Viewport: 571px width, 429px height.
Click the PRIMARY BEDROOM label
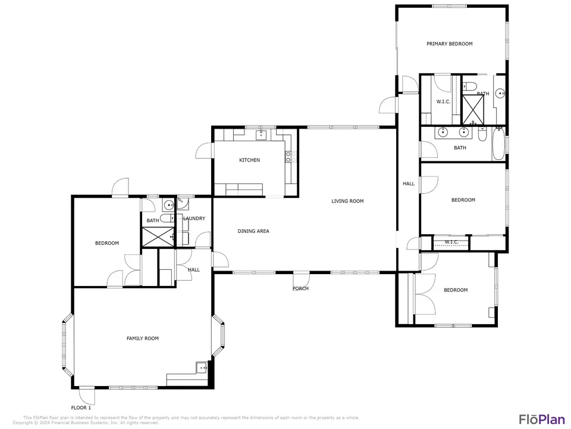(x=450, y=43)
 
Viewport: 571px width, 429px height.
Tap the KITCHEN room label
(x=249, y=160)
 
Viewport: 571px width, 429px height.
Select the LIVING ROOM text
(x=347, y=201)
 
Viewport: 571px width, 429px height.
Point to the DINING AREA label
(x=253, y=231)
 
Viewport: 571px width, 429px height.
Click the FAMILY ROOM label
(x=143, y=338)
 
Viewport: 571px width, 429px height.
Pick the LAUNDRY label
(x=194, y=219)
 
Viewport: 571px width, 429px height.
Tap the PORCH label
(x=300, y=288)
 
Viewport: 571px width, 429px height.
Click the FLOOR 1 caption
(x=81, y=408)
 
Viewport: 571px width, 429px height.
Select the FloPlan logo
(x=542, y=419)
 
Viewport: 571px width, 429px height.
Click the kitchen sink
(x=262, y=135)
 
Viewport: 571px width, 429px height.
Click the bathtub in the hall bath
(x=498, y=144)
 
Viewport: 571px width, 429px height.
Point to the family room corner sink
(x=202, y=368)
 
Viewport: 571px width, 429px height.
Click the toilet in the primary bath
(x=470, y=86)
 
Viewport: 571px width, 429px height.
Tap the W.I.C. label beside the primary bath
(x=443, y=102)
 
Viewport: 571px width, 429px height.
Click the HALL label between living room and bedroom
(x=409, y=184)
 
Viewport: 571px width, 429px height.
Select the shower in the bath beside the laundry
(x=158, y=237)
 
